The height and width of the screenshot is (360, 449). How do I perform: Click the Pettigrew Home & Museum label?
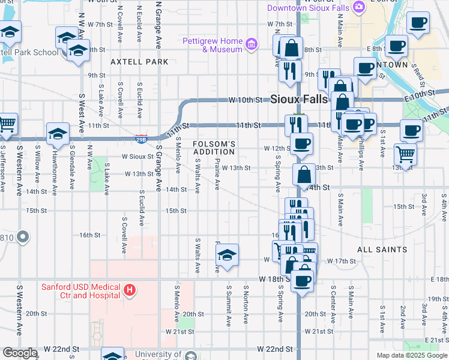(213, 45)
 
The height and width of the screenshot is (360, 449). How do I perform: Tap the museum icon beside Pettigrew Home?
(252, 43)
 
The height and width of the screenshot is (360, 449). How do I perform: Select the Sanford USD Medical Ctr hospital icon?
(128, 291)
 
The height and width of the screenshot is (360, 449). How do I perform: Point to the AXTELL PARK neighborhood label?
(139, 62)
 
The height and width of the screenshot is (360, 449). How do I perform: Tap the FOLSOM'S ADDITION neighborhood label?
(214, 148)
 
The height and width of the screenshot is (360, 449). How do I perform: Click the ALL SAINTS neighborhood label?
(382, 249)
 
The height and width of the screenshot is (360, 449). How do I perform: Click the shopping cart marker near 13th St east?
(406, 154)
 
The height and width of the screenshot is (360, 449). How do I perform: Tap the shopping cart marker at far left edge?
(6, 123)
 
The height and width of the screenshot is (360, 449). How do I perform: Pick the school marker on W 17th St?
(228, 254)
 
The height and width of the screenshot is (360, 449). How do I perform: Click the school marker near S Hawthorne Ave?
(57, 134)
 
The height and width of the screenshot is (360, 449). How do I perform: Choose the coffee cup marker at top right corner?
(418, 22)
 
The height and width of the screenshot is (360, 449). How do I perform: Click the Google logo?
(20, 352)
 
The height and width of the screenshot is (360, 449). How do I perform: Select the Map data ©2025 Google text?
(411, 355)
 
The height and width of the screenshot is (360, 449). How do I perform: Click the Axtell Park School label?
(29, 52)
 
